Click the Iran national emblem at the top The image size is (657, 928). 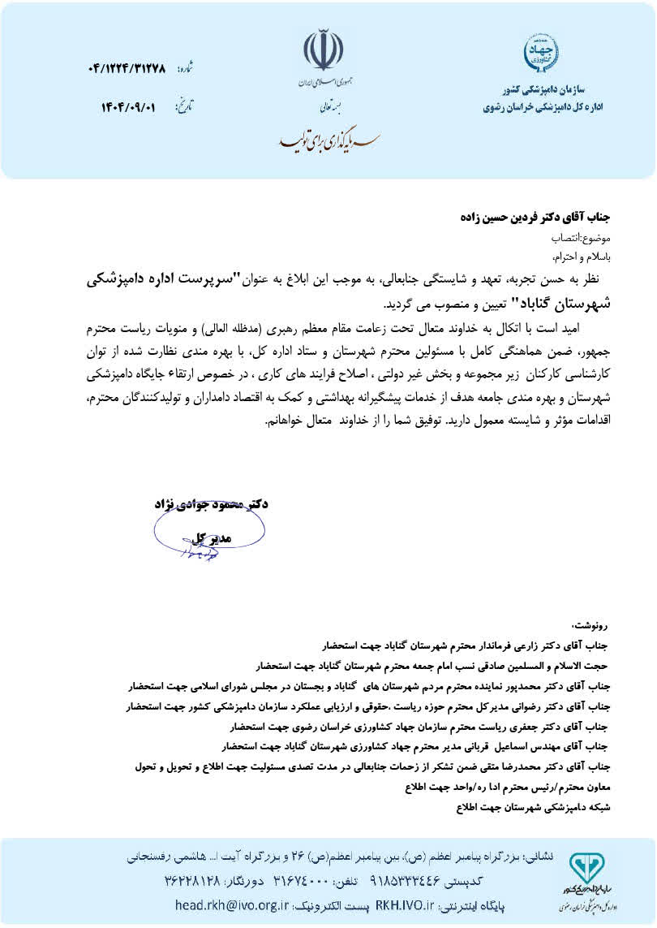coord(323,51)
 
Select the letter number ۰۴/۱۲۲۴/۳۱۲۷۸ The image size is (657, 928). coord(125,69)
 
